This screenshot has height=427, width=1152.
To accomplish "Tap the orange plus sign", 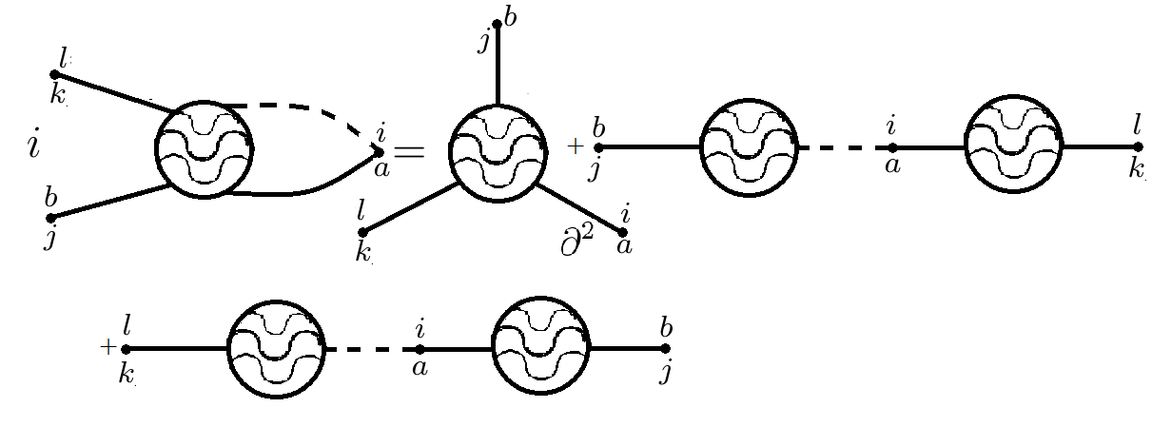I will (x=574, y=146).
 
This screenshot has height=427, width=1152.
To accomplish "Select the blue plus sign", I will (x=107, y=347).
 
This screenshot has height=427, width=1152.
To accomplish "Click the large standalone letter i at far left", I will (x=34, y=146).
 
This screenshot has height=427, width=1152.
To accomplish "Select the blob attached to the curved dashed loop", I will (x=205, y=149).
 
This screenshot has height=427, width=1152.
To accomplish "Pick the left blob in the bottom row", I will (x=276, y=348).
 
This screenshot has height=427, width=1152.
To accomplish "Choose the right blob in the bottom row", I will (x=540, y=348).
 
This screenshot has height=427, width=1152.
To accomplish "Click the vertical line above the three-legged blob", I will (x=497, y=62).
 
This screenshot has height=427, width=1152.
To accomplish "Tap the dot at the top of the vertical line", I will (x=497, y=24).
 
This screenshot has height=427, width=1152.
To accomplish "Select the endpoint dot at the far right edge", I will (x=1138, y=147).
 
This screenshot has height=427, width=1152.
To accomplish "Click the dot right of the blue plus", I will (x=126, y=349).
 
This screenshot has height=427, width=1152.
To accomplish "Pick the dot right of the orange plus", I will (x=597, y=147).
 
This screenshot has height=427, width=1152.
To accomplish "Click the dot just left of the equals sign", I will (x=379, y=151).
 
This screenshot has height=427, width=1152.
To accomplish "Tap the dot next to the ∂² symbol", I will (x=623, y=231).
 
